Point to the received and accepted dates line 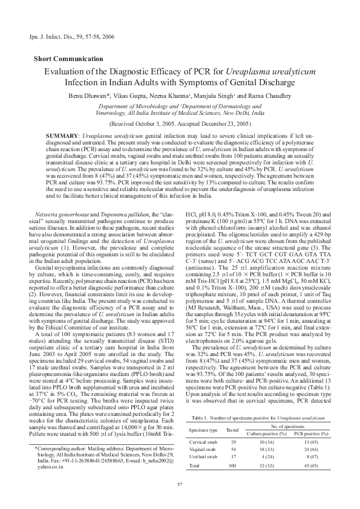click(180, 121)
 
